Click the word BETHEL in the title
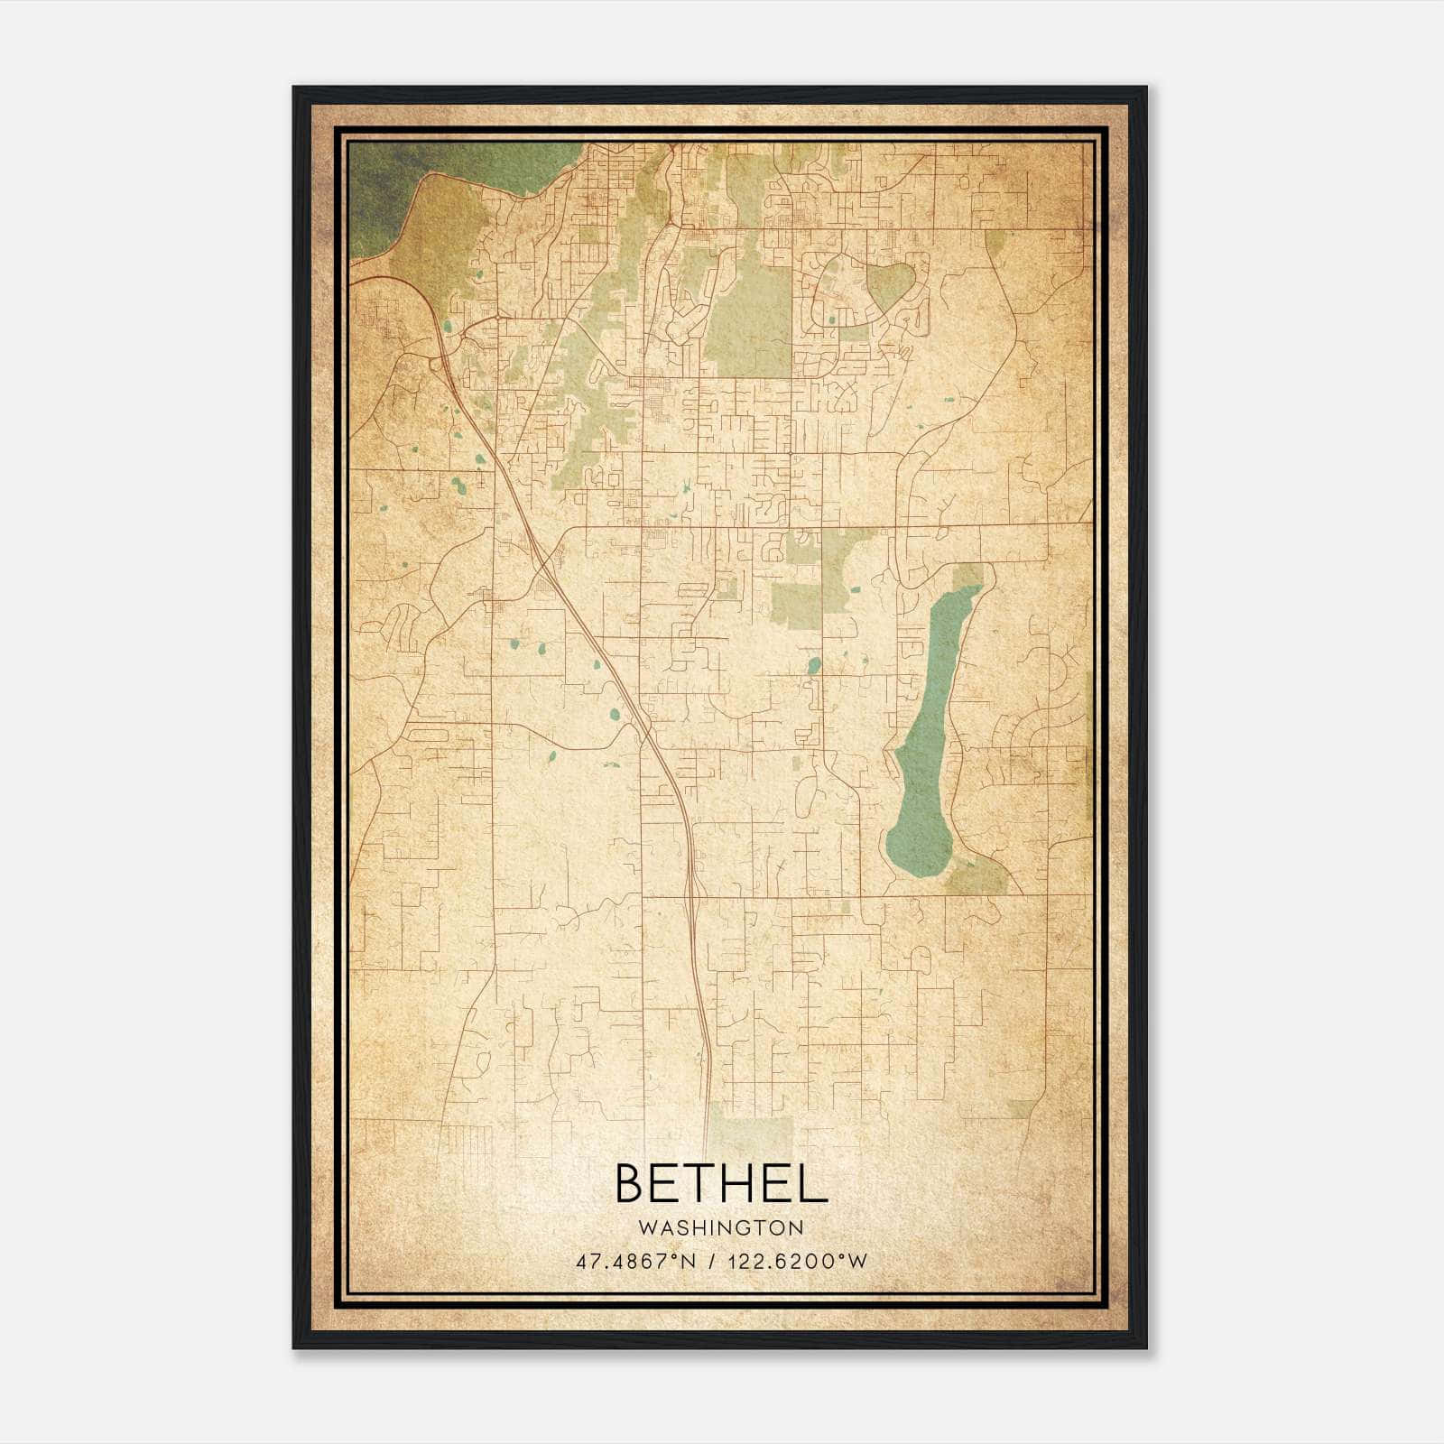(x=721, y=1183)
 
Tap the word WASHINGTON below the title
(x=721, y=1227)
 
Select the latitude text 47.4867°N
(x=635, y=1262)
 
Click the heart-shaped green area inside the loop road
(x=891, y=284)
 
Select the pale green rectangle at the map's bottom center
(x=749, y=1128)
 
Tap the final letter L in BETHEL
(x=813, y=1183)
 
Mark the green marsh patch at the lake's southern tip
(x=979, y=875)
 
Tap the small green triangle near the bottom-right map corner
(x=1023, y=1108)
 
